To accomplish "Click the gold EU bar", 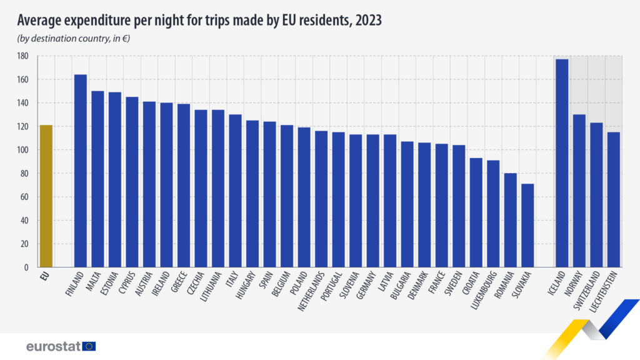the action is (46, 196).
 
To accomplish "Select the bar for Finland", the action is (81, 171).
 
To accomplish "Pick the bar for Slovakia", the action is (527, 226).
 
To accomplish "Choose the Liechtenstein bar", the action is (614, 200).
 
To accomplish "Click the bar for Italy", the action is (235, 191).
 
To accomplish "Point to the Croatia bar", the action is (476, 212).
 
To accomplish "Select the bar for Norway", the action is (579, 191).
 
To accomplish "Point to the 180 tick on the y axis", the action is (23, 56).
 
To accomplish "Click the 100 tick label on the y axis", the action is (23, 150).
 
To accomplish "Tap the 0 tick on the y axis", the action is (26, 267).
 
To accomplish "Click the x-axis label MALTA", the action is (94, 281).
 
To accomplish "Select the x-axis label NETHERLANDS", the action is (312, 291).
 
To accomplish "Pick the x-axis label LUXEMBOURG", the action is (484, 290).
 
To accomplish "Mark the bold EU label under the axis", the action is (45, 276).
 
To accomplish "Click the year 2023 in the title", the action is (368, 20).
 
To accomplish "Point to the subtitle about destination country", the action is (74, 39).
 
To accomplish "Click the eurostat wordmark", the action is (54, 346).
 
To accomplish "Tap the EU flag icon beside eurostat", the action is (89, 346).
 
